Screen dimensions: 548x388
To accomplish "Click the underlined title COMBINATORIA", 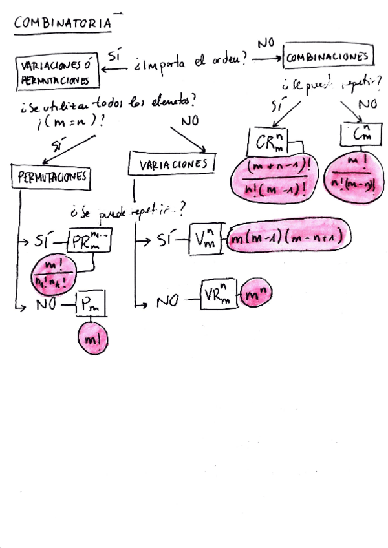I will point(63,23).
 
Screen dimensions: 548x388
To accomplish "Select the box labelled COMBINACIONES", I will point(329,57).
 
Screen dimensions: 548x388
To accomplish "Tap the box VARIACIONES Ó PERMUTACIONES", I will point(58,72).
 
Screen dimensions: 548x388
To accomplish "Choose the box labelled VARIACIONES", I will point(172,163).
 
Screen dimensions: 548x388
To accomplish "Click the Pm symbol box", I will point(92,304).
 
